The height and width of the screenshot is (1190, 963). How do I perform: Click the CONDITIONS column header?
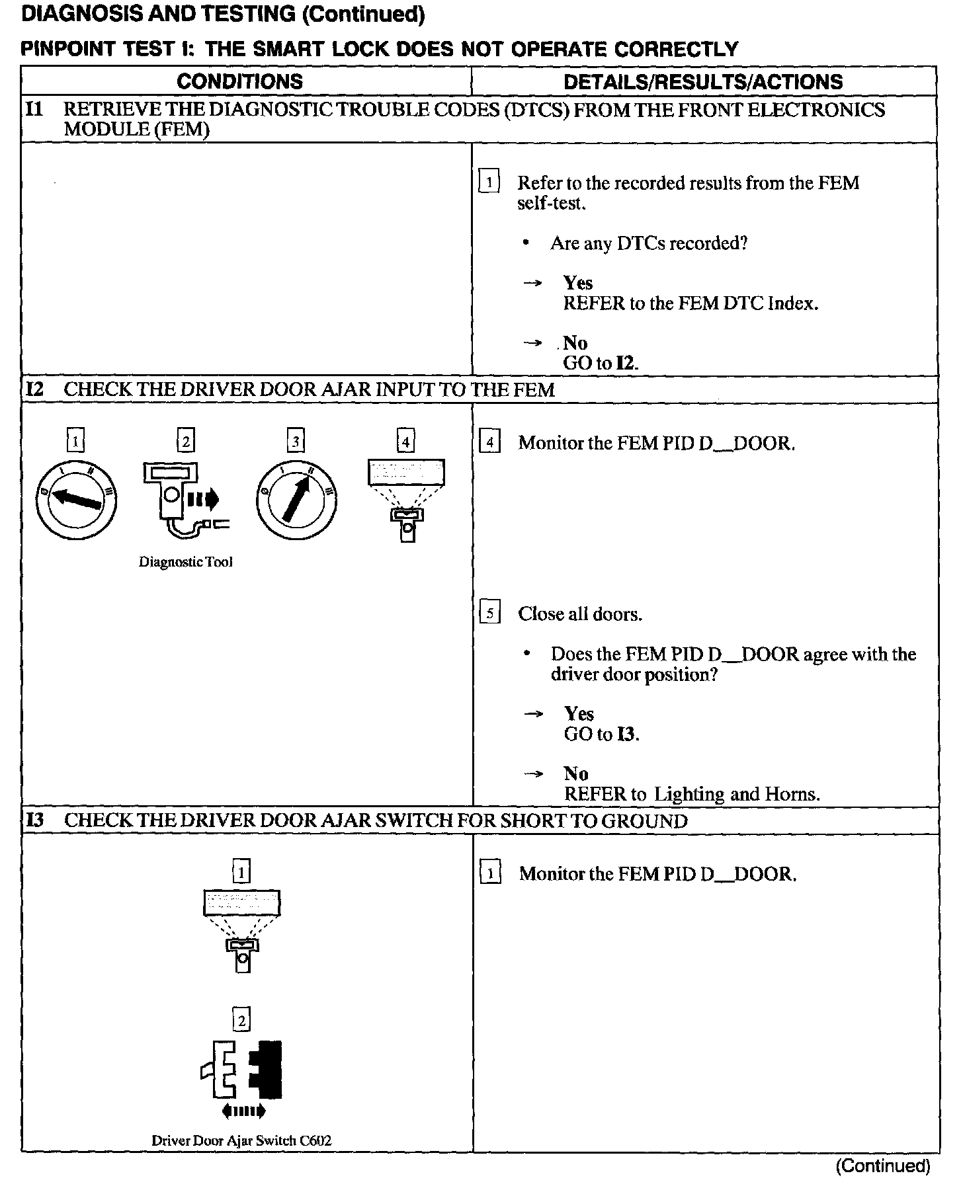(x=239, y=81)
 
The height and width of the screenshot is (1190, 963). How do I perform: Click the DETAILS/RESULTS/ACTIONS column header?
(x=703, y=81)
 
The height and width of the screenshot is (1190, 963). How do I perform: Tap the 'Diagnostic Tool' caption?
(x=185, y=562)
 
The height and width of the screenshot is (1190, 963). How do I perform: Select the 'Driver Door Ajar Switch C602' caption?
(x=241, y=1140)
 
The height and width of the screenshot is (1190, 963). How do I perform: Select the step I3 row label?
(x=34, y=820)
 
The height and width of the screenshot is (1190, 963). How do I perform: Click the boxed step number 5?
(x=489, y=614)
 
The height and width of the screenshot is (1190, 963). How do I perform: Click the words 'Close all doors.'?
(x=580, y=614)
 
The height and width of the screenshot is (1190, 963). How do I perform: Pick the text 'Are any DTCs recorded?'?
(x=648, y=243)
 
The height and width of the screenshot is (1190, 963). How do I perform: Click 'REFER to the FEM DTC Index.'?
(x=691, y=303)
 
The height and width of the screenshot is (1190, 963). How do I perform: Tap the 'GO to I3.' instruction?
(x=601, y=734)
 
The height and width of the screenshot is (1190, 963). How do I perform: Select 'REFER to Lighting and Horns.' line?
(x=691, y=794)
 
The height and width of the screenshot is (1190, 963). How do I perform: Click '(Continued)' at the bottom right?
(x=882, y=1166)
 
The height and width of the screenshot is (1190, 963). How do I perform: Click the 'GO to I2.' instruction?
(x=601, y=363)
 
